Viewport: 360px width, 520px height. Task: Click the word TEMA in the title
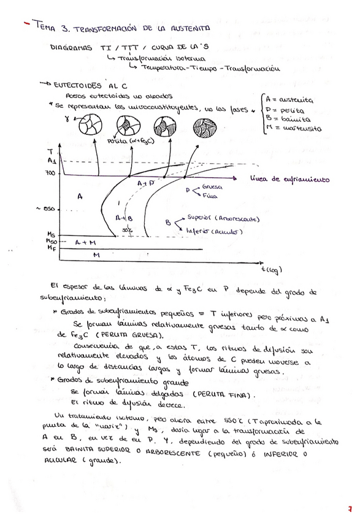(x=46, y=28)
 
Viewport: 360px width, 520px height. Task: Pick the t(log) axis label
(x=267, y=267)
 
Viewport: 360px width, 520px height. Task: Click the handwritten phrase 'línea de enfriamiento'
(x=290, y=179)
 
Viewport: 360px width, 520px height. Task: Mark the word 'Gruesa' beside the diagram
(x=212, y=186)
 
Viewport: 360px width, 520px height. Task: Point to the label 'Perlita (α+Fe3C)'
(x=131, y=142)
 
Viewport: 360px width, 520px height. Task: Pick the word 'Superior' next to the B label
(x=198, y=219)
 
